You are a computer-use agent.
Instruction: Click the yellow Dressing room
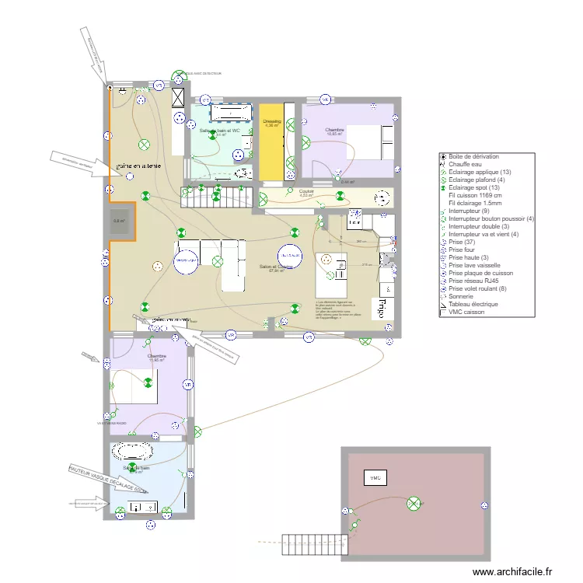[x=271, y=140]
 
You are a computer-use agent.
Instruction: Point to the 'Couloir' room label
[x=305, y=191]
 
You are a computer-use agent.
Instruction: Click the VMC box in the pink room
[x=375, y=477]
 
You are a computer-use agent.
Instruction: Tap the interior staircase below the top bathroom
[x=217, y=197]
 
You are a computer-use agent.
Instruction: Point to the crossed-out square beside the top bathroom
[x=178, y=98]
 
